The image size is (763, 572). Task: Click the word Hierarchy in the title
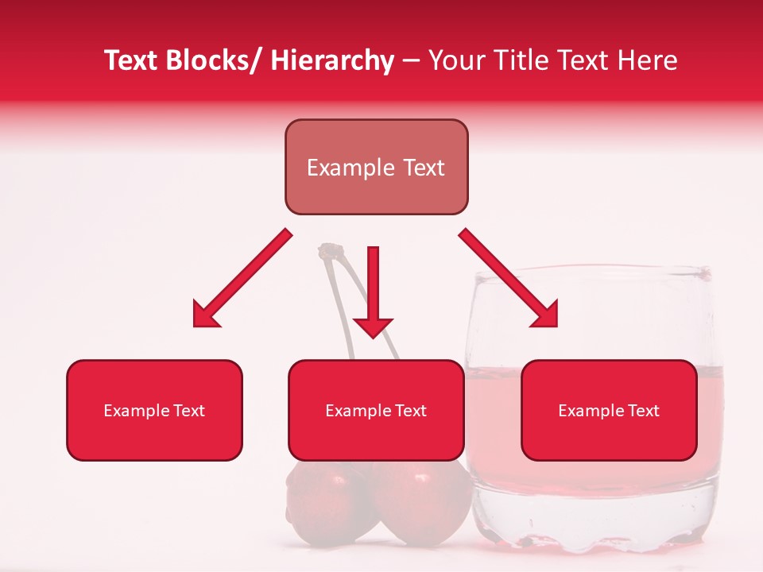332,60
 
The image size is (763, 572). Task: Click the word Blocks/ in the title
213,60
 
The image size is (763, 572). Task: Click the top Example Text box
376,167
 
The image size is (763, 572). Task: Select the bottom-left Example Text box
154,410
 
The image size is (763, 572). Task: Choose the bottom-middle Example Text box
376,410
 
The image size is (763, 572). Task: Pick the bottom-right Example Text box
609,410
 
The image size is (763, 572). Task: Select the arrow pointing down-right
509,278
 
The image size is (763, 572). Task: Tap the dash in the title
411,62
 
